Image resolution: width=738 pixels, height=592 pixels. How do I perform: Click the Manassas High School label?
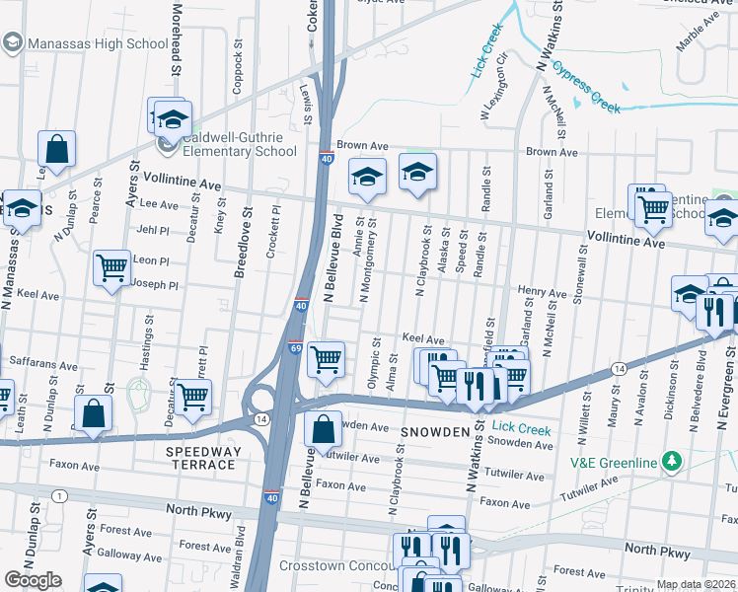98,43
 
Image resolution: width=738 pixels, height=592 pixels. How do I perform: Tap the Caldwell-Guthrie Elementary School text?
240,144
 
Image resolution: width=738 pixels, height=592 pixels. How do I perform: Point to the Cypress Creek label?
587,87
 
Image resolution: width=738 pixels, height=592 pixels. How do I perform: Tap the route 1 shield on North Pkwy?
60,494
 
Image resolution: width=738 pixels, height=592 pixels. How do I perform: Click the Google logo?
33,580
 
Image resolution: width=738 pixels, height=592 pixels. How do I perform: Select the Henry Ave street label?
543,293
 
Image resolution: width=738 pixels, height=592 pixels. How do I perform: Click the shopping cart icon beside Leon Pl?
112,266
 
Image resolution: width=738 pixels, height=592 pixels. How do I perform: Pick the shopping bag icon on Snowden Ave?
324,430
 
